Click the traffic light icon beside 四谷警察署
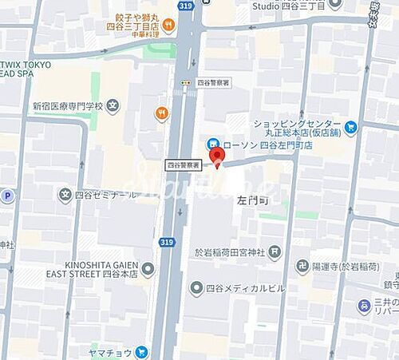tap(185, 81)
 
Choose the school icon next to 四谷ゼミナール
tap(65, 194)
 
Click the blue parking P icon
tap(7, 195)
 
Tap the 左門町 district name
tap(254, 202)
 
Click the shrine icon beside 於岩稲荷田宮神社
tap(275, 254)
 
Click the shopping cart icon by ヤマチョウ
tap(142, 350)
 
